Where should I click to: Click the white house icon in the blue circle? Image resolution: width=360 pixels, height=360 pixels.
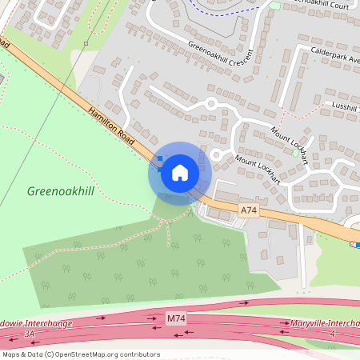180,172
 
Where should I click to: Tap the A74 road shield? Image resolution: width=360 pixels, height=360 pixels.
249,210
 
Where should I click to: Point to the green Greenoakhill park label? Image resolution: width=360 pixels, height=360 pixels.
61,191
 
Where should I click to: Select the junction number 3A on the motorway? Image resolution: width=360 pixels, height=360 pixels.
30,333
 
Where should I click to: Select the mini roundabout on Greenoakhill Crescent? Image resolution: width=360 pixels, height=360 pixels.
211,103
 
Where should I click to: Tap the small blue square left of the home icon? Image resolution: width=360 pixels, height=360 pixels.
158,159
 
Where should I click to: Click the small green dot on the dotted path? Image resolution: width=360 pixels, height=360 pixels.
85,43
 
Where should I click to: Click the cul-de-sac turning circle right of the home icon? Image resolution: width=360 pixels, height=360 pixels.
215,154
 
